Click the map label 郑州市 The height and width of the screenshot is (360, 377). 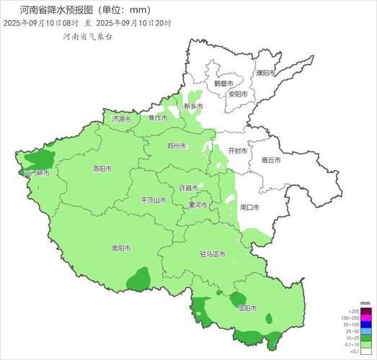(x=177, y=146)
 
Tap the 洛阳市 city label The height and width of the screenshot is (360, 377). (x=102, y=168)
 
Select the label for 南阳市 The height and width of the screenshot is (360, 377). (x=121, y=248)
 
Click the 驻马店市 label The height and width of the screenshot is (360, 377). (x=213, y=254)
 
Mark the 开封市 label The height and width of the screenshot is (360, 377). (x=238, y=151)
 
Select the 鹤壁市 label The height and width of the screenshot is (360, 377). (x=223, y=83)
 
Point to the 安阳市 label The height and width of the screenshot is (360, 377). (x=238, y=94)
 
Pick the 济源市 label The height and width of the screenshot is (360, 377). (x=122, y=119)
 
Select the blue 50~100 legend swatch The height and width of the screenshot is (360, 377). (x=365, y=325)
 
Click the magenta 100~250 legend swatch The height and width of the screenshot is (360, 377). (x=365, y=318)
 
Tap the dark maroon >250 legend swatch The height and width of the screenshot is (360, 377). (x=365, y=311)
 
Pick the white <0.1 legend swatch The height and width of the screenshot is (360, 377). (x=365, y=351)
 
